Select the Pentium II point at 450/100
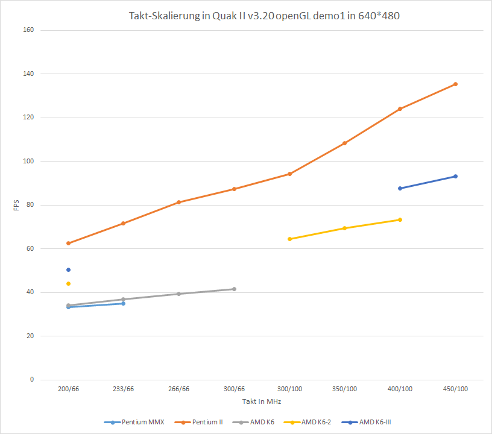[455, 84]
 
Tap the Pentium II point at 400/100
[400, 109]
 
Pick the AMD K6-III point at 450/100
[455, 176]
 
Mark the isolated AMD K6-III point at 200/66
[68, 269]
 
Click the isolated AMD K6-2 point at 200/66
[68, 283]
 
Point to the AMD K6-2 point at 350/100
[344, 228]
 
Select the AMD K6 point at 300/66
[234, 289]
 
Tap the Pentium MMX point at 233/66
[124, 303]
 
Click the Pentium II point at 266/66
[178, 202]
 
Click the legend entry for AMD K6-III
[370, 422]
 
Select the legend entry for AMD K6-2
[314, 422]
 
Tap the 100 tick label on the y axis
[27, 162]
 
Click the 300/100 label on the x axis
[289, 389]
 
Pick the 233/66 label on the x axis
[124, 389]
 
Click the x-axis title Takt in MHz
[262, 401]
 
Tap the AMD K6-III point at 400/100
[400, 188]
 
